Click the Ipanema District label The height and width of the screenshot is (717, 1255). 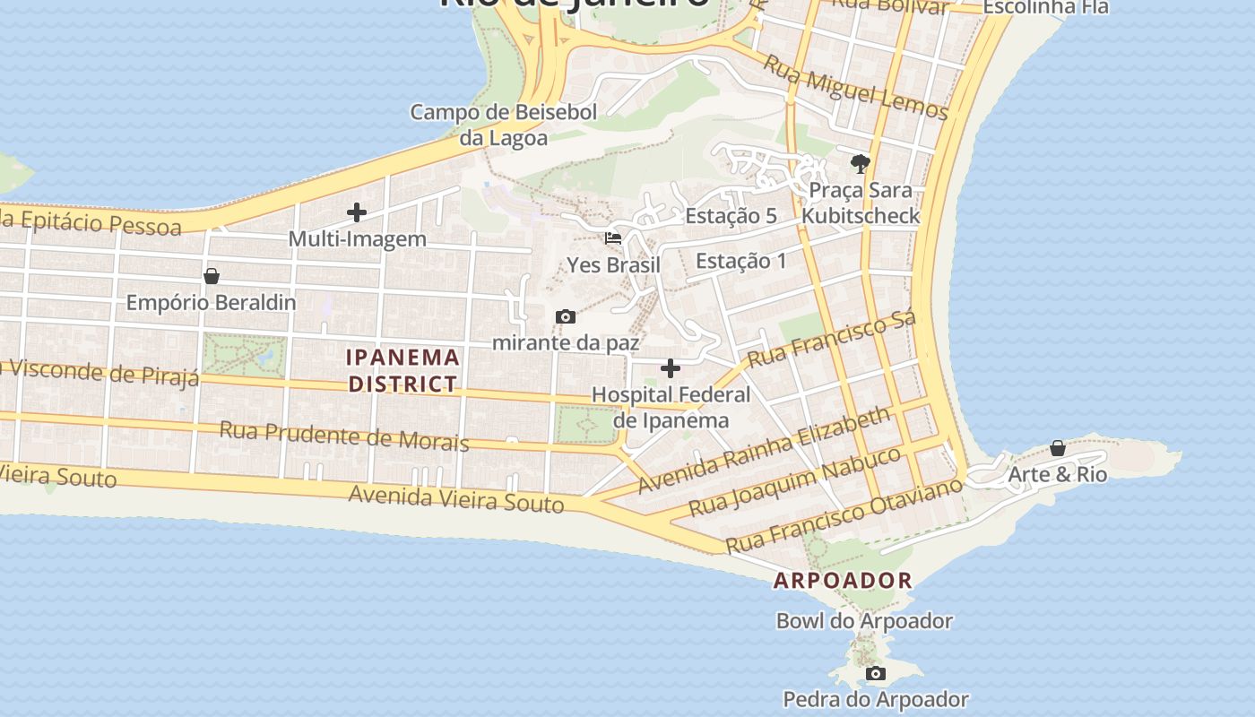click(x=403, y=370)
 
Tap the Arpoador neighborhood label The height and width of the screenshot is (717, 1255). click(x=843, y=580)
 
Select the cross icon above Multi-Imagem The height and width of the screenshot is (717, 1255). click(x=357, y=212)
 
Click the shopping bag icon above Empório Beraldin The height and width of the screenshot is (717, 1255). click(x=212, y=276)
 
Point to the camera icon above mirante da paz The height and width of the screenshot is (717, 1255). click(x=565, y=316)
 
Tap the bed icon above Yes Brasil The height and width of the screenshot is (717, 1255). click(x=613, y=238)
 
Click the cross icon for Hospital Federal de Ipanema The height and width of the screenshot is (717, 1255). click(x=671, y=368)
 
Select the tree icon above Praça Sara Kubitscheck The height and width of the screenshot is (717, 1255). click(x=861, y=164)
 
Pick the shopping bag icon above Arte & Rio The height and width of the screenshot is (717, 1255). click(x=1058, y=448)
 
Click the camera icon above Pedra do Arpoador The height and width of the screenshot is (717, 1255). click(x=876, y=673)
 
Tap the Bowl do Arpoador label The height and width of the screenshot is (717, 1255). click(x=864, y=620)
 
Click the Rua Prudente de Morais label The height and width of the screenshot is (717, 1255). click(x=344, y=436)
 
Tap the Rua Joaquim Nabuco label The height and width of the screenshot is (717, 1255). click(x=794, y=481)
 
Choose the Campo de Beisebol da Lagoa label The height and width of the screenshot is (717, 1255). click(x=504, y=125)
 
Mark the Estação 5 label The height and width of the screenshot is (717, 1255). click(x=731, y=216)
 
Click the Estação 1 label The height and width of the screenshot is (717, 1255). click(x=741, y=261)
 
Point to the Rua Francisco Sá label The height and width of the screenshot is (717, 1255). click(x=831, y=340)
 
